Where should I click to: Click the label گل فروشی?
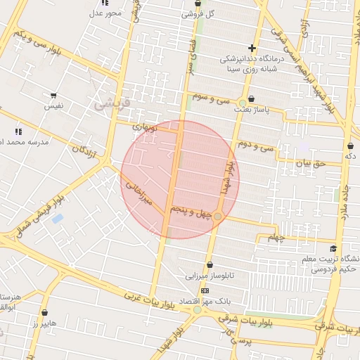(x=198, y=13)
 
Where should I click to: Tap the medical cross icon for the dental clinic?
(x=252, y=48)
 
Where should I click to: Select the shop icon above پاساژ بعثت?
(x=251, y=99)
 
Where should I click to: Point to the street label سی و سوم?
(x=214, y=100)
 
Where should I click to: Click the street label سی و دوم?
(x=255, y=148)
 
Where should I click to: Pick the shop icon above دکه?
(x=349, y=145)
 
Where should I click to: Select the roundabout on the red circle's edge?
(x=219, y=216)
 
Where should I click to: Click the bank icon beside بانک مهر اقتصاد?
(x=205, y=290)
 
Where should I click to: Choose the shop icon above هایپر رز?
(x=45, y=313)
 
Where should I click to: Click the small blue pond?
(x=57, y=219)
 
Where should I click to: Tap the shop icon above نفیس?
(x=53, y=95)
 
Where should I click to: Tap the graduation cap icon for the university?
(x=333, y=248)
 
